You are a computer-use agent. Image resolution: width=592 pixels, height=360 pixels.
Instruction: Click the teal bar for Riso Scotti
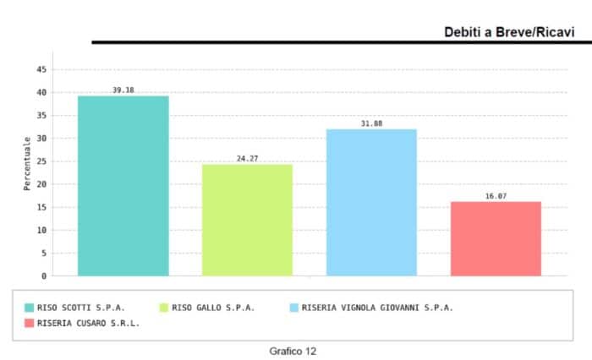coord(123,186)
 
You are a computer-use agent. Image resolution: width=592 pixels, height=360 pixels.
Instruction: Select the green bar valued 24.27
coord(247,220)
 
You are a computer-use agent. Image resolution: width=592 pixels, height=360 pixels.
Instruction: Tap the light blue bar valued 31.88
coord(371,203)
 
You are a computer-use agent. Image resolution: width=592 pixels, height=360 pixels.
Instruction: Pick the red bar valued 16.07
coord(496,238)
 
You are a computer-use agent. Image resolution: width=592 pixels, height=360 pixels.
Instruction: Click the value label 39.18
coord(123,90)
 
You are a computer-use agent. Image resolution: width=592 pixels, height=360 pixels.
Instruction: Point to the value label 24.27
coord(247,158)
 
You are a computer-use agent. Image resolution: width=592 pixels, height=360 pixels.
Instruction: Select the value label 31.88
coord(371,123)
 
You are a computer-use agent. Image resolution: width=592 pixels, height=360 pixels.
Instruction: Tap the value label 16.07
coord(496,195)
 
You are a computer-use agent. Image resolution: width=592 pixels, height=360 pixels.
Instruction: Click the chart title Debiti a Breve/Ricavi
coord(509,32)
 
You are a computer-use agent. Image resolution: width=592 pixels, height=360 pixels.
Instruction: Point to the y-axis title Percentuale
coord(27,163)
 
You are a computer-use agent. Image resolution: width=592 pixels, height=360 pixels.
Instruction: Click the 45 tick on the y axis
coord(41,69)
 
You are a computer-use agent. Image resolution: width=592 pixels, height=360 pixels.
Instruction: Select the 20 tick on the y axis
coord(41,184)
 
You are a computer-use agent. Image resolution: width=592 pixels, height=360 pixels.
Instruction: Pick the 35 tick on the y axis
coord(41,115)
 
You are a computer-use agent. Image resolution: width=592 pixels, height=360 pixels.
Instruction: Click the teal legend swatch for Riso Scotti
coord(30,308)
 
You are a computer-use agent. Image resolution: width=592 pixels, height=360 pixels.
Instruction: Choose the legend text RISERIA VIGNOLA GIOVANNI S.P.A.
coord(377,308)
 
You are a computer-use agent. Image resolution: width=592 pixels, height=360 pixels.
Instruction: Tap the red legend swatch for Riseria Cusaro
coord(30,323)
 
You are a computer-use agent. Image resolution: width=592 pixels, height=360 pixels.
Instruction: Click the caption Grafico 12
coord(293,350)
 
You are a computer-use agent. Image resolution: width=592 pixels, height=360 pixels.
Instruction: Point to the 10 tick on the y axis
coord(41,230)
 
